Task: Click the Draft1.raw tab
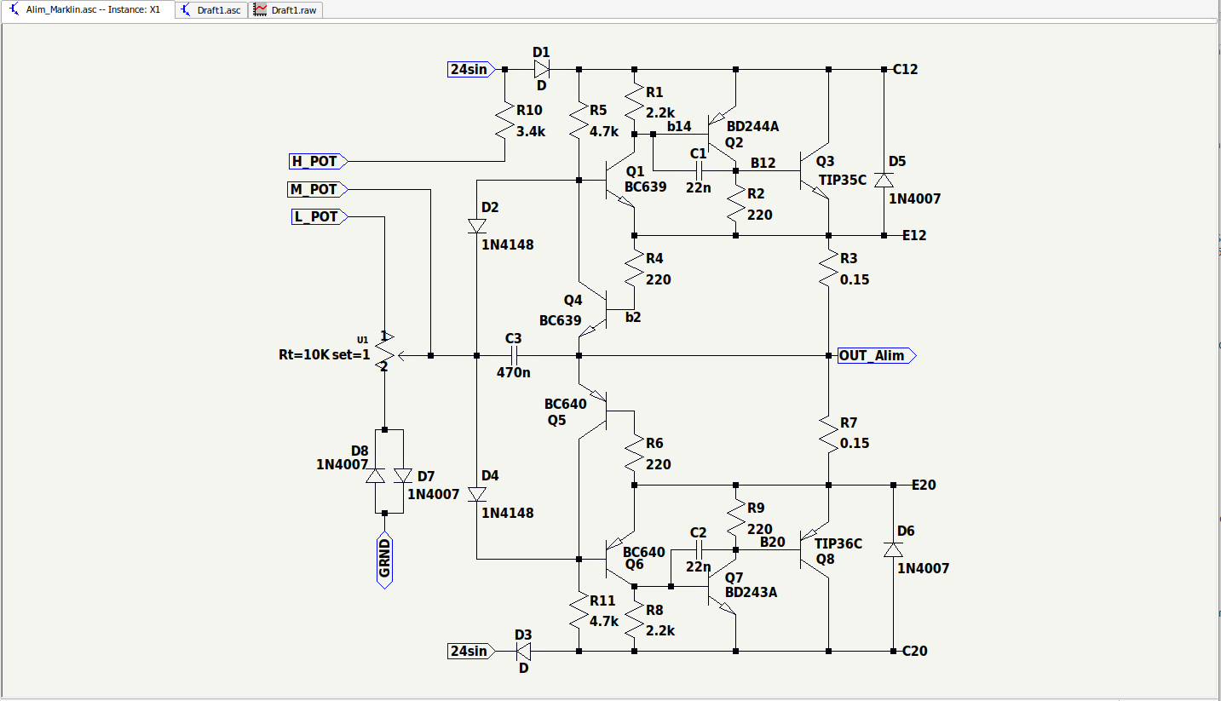(285, 10)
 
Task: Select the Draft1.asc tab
(211, 10)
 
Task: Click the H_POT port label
(318, 161)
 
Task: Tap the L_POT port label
(320, 217)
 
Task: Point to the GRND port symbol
(384, 560)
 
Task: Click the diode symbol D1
(542, 69)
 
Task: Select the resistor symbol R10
(504, 120)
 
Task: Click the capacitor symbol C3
(514, 355)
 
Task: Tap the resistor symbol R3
(828, 268)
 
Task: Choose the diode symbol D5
(884, 180)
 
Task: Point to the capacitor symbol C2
(699, 550)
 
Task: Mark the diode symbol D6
(893, 549)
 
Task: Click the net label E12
(914, 235)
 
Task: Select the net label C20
(914, 651)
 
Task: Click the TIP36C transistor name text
(838, 543)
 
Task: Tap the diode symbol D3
(523, 651)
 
